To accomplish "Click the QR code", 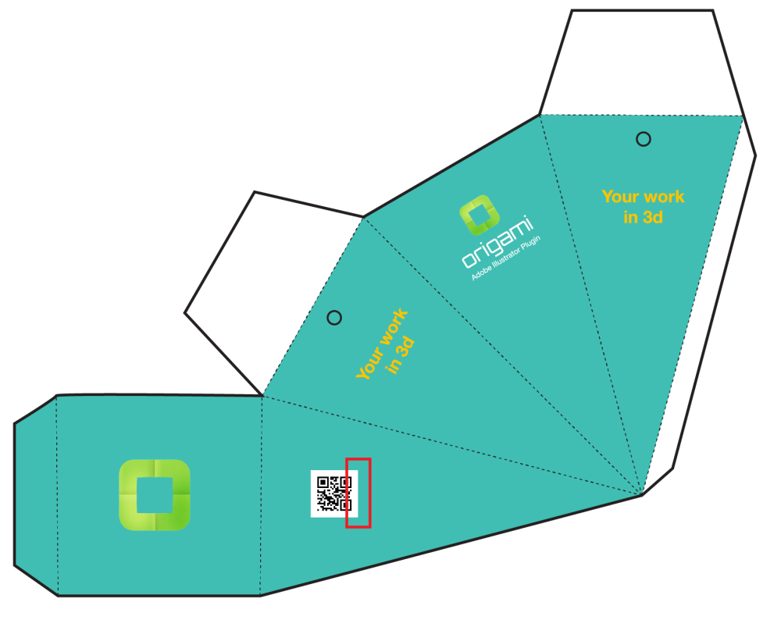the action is click(x=334, y=493).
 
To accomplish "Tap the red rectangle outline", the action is click(x=347, y=493).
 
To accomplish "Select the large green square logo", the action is click(x=155, y=494).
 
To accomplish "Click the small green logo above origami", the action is click(x=480, y=215).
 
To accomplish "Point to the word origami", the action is click(x=497, y=241).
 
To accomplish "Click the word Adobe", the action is click(x=481, y=272).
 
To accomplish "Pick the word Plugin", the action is click(x=530, y=244).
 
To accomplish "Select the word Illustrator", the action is click(x=505, y=258).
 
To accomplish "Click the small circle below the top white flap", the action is click(x=643, y=139).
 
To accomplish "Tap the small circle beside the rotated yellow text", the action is click(x=334, y=318).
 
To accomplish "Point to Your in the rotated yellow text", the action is click(x=369, y=362).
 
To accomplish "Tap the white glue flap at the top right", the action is click(x=643, y=62).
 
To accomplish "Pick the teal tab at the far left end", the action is click(x=36, y=495).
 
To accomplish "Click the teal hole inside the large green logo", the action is click(x=155, y=495).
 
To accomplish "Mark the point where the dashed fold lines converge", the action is click(x=642, y=494).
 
